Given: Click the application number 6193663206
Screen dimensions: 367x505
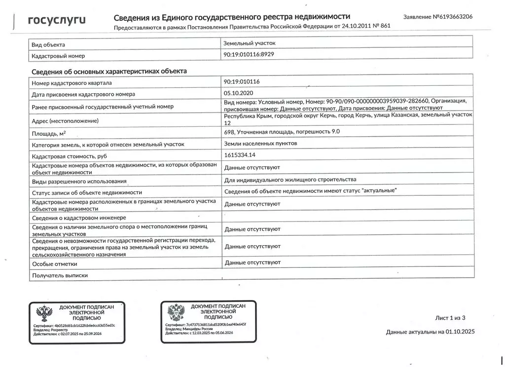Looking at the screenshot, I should coord(452,17).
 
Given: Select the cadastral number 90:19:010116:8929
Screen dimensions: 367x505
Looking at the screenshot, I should coord(249,54).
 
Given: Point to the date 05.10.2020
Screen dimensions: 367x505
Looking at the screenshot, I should coord(238,92).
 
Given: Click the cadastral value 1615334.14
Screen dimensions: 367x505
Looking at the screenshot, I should coord(239,155).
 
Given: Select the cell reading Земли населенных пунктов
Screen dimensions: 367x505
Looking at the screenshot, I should coord(261,144).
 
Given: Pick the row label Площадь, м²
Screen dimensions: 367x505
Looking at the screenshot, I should coord(49,133).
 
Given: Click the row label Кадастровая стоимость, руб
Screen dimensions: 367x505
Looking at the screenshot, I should coord(69,156).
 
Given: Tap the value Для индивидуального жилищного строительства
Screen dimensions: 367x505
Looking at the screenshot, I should coord(290,180).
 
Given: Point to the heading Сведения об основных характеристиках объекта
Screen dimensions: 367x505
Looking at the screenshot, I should coord(109,72).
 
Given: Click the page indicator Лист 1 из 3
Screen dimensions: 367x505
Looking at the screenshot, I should coord(450,318).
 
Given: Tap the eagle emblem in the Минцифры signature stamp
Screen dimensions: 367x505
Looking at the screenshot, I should coord(176,312).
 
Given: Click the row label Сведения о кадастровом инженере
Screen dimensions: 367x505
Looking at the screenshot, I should coord(79,218).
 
